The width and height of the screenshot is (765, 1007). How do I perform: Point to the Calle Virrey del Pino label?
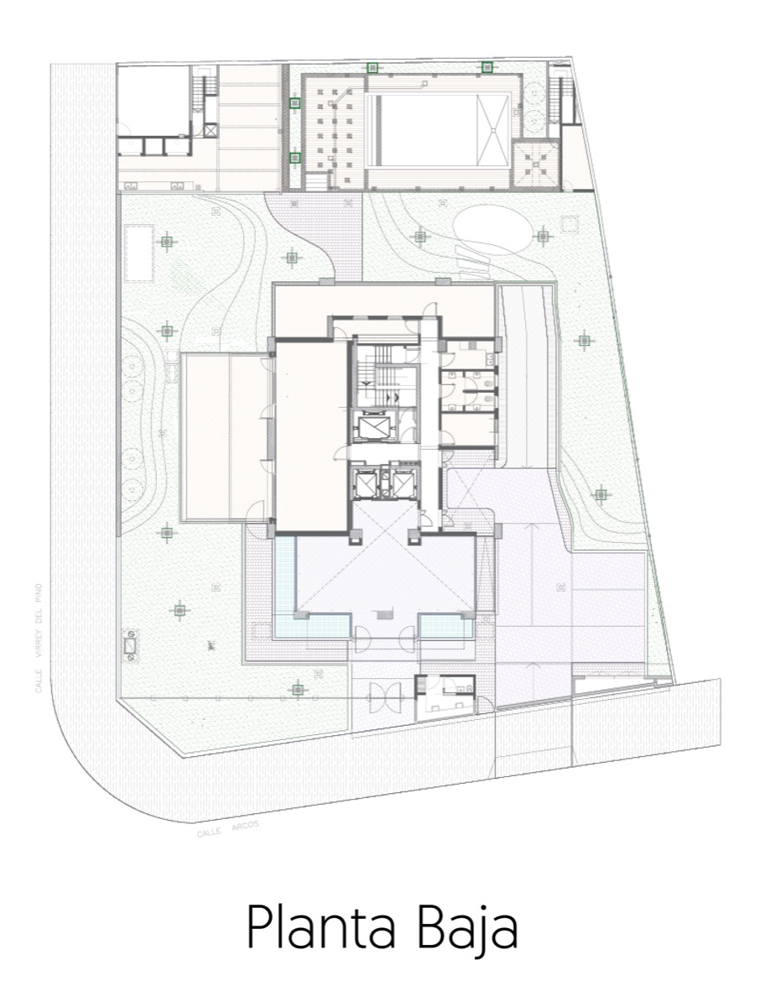39,638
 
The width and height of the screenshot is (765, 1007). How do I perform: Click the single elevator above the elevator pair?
373,426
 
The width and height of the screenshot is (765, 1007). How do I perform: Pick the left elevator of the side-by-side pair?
364,482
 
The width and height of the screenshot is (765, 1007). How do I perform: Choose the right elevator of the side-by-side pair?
403,482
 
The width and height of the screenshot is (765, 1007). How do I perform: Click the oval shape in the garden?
493,227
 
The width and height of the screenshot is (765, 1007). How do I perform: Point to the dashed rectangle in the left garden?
139,253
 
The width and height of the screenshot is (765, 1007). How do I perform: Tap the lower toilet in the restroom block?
488,399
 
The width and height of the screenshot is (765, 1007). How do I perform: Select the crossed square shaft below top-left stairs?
210,130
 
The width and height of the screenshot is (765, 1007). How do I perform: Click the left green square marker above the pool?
372,68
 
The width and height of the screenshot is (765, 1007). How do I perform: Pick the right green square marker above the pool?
487,67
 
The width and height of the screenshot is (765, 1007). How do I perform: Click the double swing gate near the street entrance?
385,698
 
